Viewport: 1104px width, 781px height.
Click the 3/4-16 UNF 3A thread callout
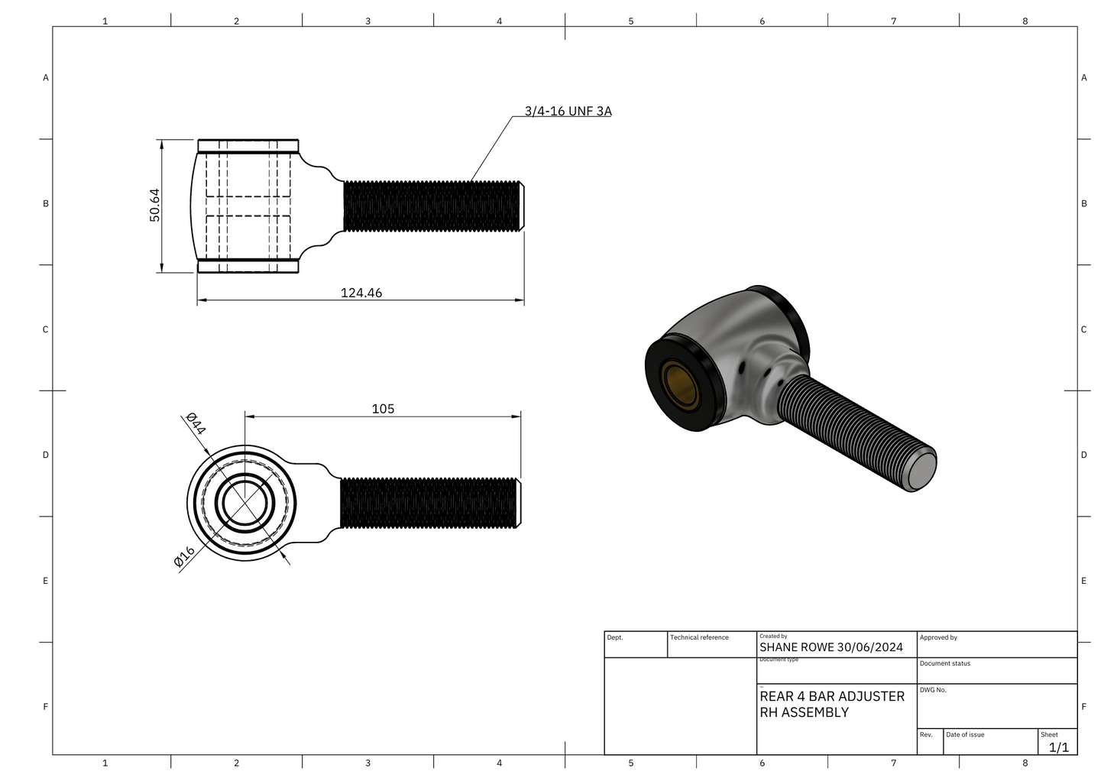(x=568, y=111)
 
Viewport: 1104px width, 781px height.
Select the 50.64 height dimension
(x=155, y=205)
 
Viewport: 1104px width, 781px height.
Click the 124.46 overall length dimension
(x=361, y=293)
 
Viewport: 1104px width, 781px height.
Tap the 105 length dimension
(x=383, y=409)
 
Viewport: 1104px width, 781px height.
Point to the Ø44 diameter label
(x=196, y=423)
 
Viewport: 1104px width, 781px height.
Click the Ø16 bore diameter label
(x=184, y=557)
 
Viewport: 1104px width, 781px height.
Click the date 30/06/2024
(x=869, y=647)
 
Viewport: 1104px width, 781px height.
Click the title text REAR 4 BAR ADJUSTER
(x=832, y=696)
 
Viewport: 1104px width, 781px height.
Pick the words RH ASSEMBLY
(x=804, y=712)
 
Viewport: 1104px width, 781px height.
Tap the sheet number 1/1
(x=1058, y=747)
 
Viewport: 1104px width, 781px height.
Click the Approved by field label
(x=938, y=637)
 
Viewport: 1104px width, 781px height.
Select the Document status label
(x=944, y=663)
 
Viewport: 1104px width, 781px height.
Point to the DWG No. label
(x=933, y=690)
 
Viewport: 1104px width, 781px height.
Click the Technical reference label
(x=699, y=637)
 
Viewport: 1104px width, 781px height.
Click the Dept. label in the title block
(x=615, y=637)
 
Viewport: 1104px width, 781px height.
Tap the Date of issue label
(x=965, y=734)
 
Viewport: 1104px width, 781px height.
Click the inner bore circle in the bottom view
(x=244, y=503)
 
